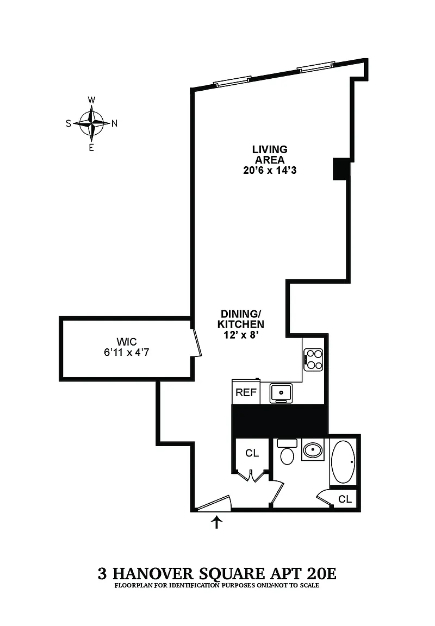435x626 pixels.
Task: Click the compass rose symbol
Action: point(91,123)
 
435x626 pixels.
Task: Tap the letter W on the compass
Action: point(91,100)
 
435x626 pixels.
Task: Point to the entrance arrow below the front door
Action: point(217,522)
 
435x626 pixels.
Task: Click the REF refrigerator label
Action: point(246,392)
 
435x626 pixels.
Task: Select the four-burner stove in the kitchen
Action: point(314,359)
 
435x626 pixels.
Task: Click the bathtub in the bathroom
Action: point(344,461)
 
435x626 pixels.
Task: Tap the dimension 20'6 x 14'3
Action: point(269,171)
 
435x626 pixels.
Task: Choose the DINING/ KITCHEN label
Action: point(242,319)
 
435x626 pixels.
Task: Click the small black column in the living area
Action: point(341,168)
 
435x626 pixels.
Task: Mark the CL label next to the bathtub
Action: point(345,499)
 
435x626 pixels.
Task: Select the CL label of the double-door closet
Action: point(252,453)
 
